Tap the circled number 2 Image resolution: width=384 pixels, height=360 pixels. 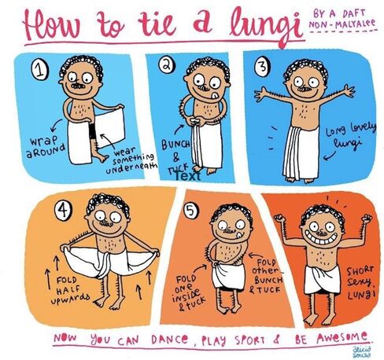tap(167, 64)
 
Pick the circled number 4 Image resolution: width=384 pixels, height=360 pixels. tap(63, 209)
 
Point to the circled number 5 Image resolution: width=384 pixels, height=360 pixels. tap(191, 210)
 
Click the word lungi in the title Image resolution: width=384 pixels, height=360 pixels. tap(266, 25)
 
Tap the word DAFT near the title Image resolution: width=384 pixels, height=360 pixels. tap(353, 13)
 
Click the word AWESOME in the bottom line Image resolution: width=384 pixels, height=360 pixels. tap(342, 337)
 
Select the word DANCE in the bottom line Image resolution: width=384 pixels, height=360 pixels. tap(169, 340)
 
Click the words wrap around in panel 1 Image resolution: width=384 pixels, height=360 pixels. tap(46, 147)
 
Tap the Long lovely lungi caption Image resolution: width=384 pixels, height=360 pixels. tap(350, 136)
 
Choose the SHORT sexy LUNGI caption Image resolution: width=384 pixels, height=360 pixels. tap(360, 282)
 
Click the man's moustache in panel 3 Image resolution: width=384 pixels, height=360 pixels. tap(305, 90)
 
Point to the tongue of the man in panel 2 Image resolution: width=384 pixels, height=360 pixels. tap(215, 95)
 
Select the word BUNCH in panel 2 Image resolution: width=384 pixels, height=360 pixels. tap(175, 145)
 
